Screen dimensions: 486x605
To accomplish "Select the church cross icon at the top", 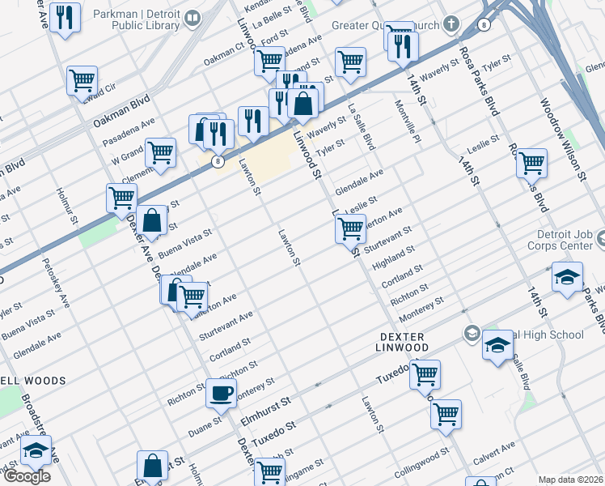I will [451, 23].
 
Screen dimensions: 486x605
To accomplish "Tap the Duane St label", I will [206, 424].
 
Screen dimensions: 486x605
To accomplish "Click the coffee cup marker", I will [221, 394].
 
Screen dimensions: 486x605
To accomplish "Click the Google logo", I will [26, 476].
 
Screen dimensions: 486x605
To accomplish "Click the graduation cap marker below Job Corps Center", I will [567, 277].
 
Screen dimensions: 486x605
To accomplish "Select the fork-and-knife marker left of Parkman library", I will [65, 18].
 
